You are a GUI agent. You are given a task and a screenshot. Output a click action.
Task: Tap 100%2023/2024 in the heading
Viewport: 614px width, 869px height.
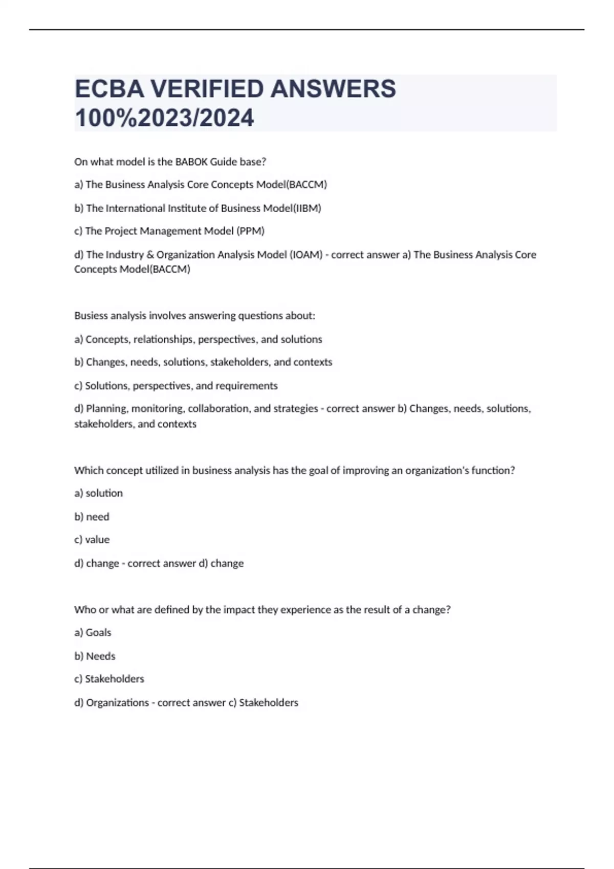coord(164,118)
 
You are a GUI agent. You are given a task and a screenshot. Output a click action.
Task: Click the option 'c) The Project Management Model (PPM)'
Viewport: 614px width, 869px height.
coord(169,231)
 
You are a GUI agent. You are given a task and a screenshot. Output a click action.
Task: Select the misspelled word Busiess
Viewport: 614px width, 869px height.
coord(92,316)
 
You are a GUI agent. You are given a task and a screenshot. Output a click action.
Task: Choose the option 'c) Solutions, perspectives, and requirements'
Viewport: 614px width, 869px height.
coord(176,386)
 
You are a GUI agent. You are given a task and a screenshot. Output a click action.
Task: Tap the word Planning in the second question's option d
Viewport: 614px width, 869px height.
coord(107,409)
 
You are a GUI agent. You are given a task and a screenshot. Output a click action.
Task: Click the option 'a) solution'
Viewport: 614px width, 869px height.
coord(99,493)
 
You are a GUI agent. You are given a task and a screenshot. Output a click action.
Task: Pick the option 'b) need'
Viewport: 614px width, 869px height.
coord(92,517)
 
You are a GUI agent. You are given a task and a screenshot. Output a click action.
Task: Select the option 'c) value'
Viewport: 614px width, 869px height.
coord(92,540)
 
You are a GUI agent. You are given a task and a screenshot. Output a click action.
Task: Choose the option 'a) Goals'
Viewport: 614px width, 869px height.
coord(93,633)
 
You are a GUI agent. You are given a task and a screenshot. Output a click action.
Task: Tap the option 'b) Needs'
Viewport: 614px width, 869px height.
coord(95,656)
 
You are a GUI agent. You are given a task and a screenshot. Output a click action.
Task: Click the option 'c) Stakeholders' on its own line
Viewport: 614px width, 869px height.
coord(109,679)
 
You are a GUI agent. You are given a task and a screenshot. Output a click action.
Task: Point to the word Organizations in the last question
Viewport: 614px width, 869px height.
coord(117,703)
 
